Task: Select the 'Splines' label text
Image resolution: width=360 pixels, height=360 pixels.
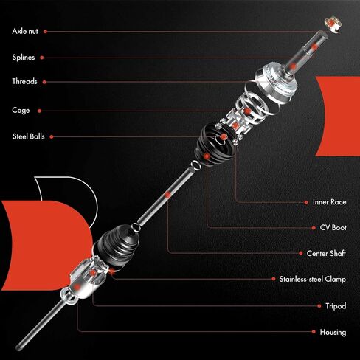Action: click(23, 57)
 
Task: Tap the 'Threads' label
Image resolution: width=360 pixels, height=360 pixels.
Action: click(24, 82)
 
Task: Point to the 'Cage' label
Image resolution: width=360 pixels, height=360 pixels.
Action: click(21, 111)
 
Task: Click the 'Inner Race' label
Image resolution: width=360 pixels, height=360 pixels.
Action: click(326, 201)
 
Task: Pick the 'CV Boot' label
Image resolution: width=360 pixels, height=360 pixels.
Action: click(330, 227)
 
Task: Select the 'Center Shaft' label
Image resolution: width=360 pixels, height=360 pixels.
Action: click(326, 253)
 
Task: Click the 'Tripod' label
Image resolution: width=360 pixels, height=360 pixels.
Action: click(335, 305)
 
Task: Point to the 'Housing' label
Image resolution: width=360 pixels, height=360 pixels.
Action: click(333, 332)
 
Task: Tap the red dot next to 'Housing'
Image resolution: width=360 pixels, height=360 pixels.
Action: click(313, 332)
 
